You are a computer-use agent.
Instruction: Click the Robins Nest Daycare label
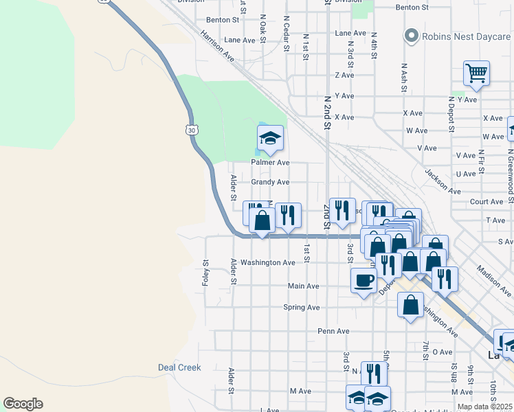(467, 35)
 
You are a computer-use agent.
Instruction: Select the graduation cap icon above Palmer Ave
(270, 139)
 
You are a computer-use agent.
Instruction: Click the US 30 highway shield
(190, 129)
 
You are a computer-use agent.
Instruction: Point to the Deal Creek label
(179, 367)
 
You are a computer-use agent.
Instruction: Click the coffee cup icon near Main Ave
(364, 280)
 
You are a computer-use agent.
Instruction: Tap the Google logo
(23, 404)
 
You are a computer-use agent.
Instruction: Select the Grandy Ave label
(270, 183)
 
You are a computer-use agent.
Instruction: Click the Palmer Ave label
(270, 163)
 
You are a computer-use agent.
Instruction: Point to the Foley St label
(205, 272)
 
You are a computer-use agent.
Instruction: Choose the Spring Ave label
(302, 308)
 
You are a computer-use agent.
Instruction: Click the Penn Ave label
(333, 331)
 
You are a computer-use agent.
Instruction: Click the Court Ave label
(487, 202)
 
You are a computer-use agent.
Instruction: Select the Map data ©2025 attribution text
(484, 407)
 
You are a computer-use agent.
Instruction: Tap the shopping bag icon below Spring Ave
(410, 306)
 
